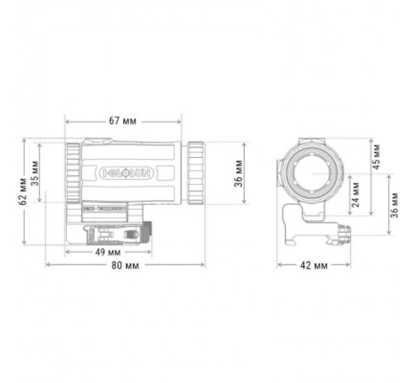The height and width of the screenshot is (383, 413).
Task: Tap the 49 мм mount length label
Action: [x=108, y=252]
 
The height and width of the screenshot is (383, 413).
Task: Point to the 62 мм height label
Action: [x=24, y=191]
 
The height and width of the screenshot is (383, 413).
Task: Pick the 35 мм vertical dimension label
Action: [x=36, y=173]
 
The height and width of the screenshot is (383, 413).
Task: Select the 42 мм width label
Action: [x=313, y=266]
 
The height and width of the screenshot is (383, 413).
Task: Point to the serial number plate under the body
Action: [x=104, y=208]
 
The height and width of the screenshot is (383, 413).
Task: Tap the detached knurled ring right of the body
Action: [x=196, y=173]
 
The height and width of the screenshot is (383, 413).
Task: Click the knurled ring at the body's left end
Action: [x=72, y=173]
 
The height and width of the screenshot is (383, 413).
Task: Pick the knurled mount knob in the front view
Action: [x=344, y=233]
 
